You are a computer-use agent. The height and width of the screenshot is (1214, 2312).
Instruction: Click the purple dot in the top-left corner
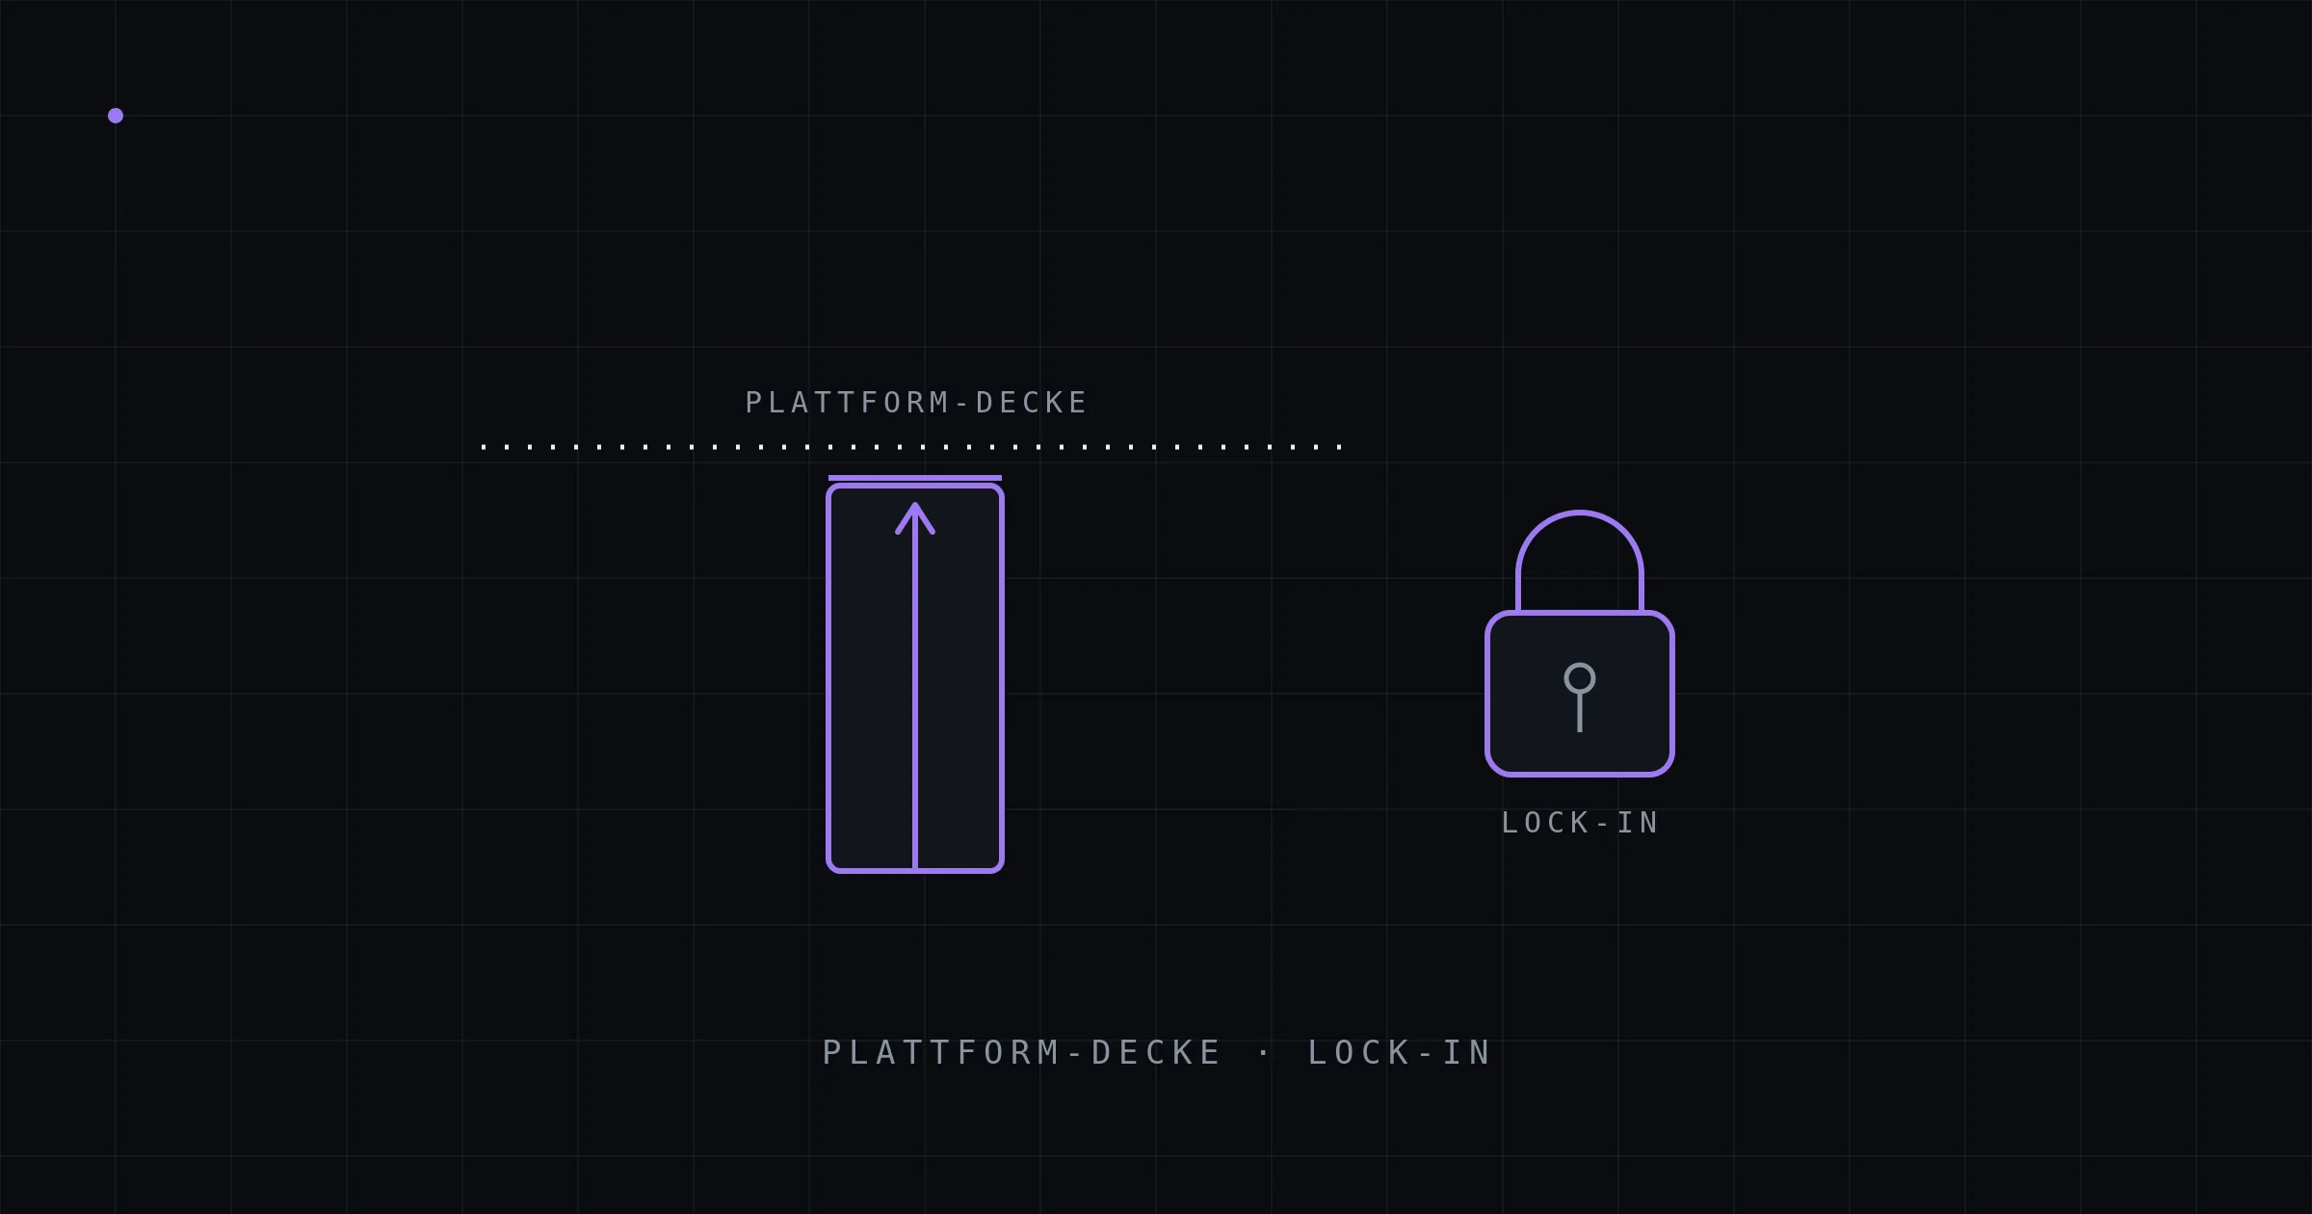[116, 116]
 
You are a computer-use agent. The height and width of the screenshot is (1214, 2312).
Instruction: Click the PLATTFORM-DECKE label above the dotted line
[916, 402]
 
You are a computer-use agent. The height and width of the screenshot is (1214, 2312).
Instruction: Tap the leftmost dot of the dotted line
[484, 447]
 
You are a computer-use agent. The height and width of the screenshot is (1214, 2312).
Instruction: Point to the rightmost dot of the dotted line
[1340, 447]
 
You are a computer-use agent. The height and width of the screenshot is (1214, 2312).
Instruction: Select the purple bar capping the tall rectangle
[915, 478]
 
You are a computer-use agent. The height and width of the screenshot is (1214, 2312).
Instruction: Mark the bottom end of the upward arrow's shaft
[915, 869]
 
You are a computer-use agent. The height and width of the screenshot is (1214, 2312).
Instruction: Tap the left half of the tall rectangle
[872, 679]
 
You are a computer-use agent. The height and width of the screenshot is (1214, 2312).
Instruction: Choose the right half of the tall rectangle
[959, 679]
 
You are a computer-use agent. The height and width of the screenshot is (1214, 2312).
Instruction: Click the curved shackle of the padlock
[1580, 513]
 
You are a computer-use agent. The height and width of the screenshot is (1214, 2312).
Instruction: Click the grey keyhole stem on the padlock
[1580, 713]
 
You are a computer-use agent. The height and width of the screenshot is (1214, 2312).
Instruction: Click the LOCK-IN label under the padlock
[1580, 823]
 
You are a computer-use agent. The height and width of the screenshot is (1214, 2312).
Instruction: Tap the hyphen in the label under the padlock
[1603, 824]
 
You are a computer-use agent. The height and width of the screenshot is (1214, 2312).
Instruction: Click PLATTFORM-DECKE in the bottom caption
[1021, 1052]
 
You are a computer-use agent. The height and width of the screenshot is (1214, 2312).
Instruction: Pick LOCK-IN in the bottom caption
[1399, 1052]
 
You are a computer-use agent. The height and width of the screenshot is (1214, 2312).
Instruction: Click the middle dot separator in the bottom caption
[1264, 1052]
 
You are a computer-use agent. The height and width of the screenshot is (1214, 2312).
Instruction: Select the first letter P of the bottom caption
[831, 1052]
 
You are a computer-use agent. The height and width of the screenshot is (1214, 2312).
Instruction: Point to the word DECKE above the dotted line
[1032, 402]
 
